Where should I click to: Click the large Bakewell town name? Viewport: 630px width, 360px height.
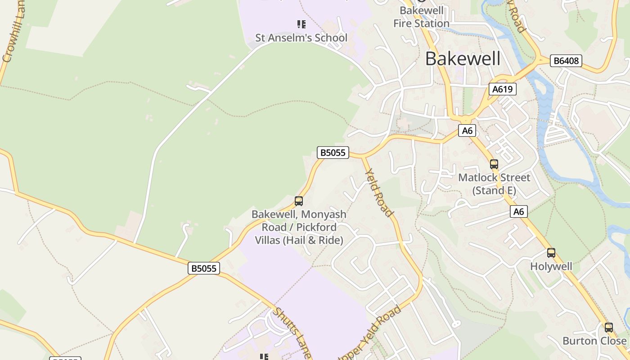463,59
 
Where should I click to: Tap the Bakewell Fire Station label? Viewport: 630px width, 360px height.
421,17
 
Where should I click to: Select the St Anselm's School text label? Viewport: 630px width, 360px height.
301,38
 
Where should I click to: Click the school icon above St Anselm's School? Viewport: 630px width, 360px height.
301,24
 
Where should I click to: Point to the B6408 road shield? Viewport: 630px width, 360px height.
566,61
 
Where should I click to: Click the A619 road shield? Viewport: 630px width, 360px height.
502,89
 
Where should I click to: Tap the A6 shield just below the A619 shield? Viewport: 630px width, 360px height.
468,130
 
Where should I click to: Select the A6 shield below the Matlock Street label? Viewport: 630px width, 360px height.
519,211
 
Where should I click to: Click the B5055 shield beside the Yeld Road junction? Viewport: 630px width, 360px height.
333,153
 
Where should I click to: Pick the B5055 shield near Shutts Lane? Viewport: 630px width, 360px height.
204,269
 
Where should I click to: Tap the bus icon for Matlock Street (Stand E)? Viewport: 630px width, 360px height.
494,164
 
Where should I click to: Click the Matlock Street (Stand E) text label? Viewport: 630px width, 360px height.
494,184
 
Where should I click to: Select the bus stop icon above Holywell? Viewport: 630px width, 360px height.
551,253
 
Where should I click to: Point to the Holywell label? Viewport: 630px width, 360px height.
551,266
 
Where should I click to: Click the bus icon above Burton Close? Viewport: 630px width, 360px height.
608,328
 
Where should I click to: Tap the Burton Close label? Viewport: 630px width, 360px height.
594,341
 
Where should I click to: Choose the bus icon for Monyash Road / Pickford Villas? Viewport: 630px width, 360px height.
299,201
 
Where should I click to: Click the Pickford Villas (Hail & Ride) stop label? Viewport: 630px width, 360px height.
299,227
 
